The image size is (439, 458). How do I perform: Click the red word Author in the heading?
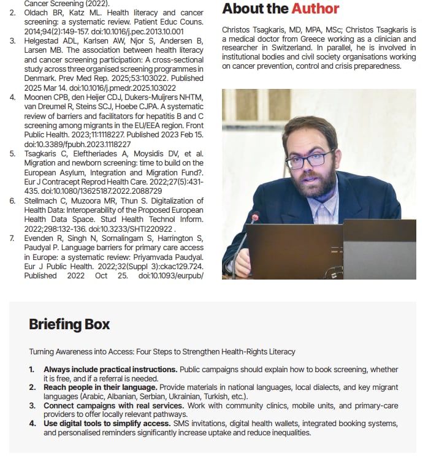(315, 9)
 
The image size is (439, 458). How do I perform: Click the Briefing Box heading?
(69, 324)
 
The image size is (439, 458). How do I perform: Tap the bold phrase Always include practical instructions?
(110, 370)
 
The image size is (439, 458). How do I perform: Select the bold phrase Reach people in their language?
(100, 387)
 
